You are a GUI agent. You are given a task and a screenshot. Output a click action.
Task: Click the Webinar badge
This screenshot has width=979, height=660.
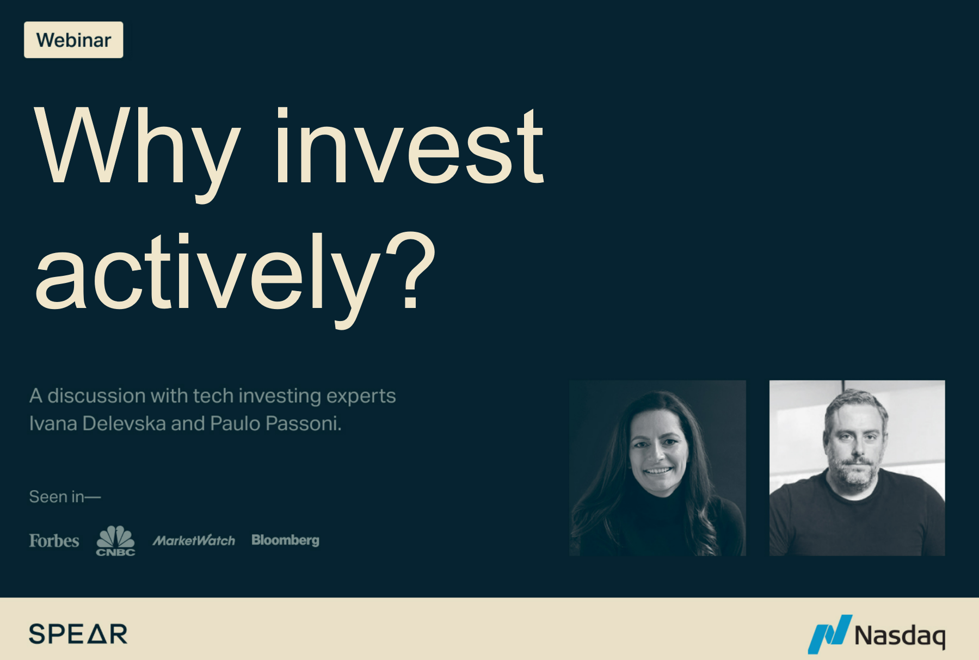coord(73,40)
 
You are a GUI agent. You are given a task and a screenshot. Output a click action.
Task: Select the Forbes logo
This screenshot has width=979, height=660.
coord(54,540)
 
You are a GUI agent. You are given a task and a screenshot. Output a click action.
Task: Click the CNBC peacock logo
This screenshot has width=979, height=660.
coord(115,540)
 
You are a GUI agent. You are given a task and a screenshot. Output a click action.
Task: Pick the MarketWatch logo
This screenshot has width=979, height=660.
coord(194,540)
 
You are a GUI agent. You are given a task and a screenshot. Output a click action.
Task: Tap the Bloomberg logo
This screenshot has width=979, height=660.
coord(285,540)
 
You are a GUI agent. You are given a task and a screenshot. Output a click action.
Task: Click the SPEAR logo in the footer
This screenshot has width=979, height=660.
coord(78,634)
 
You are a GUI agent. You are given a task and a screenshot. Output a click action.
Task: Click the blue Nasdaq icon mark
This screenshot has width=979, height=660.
coord(829,633)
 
